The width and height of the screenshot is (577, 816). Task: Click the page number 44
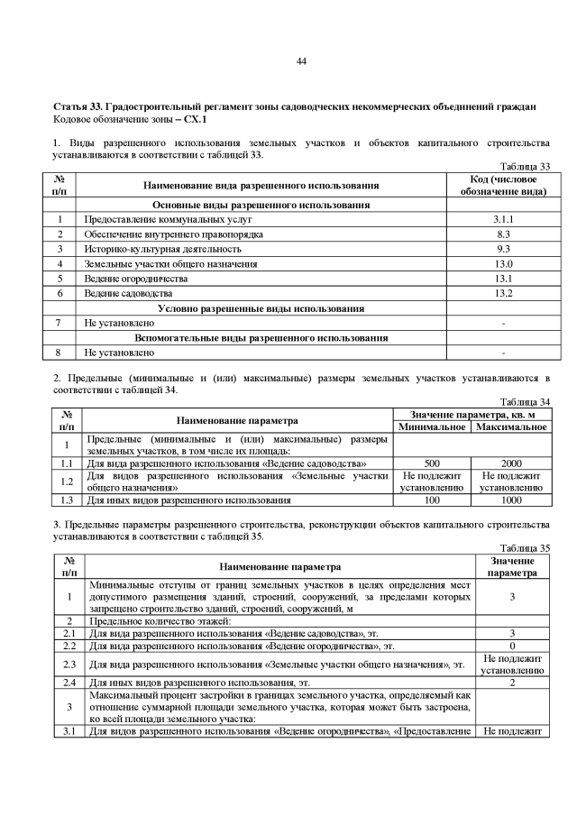pyautogui.click(x=301, y=61)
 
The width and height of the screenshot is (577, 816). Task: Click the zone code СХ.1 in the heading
pyautogui.click(x=195, y=119)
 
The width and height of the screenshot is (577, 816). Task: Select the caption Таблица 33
pyautogui.click(x=525, y=166)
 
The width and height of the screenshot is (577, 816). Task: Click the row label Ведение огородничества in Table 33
pyautogui.click(x=136, y=279)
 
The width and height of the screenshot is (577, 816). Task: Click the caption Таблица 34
pyautogui.click(x=525, y=402)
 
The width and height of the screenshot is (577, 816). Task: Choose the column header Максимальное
pyautogui.click(x=510, y=426)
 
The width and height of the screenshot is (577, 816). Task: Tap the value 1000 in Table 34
pyautogui.click(x=510, y=499)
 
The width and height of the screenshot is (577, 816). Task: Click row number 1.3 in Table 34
pyautogui.click(x=66, y=499)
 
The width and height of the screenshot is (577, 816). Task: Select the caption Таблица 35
pyautogui.click(x=525, y=547)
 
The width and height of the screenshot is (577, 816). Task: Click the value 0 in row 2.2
pyautogui.click(x=512, y=646)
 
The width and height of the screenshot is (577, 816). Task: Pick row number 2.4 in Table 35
pyautogui.click(x=69, y=683)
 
